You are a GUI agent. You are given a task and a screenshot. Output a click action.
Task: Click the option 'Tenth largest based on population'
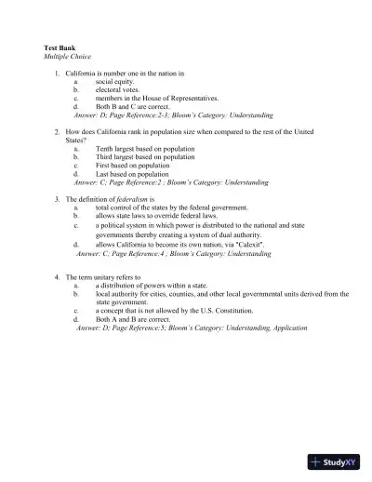click(x=139, y=149)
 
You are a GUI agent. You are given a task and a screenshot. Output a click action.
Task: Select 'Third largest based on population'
click(x=139, y=157)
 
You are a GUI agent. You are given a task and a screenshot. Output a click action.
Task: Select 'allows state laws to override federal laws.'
click(x=156, y=216)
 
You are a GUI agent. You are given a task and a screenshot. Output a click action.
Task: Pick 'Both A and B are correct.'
click(x=133, y=319)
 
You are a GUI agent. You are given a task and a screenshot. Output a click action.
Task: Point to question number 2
click(x=57, y=132)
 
